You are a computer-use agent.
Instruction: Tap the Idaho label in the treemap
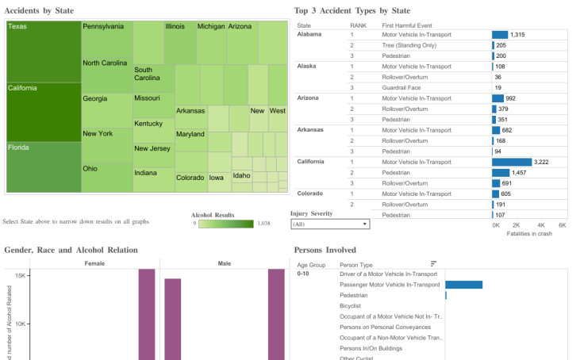point(241,175)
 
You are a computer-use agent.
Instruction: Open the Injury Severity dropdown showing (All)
point(330,224)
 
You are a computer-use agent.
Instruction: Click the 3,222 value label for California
point(541,162)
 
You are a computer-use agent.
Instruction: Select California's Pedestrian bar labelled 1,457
point(501,172)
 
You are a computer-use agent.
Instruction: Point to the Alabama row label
point(310,35)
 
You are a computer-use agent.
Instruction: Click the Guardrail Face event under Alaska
point(402,87)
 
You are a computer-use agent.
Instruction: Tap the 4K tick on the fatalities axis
point(540,225)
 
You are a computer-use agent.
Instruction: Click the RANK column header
point(358,25)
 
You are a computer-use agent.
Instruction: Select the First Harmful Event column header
point(406,25)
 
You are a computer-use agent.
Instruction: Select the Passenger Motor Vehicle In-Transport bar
point(463,285)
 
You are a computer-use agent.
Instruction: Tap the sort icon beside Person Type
point(434,263)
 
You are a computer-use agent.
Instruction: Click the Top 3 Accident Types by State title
point(352,10)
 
